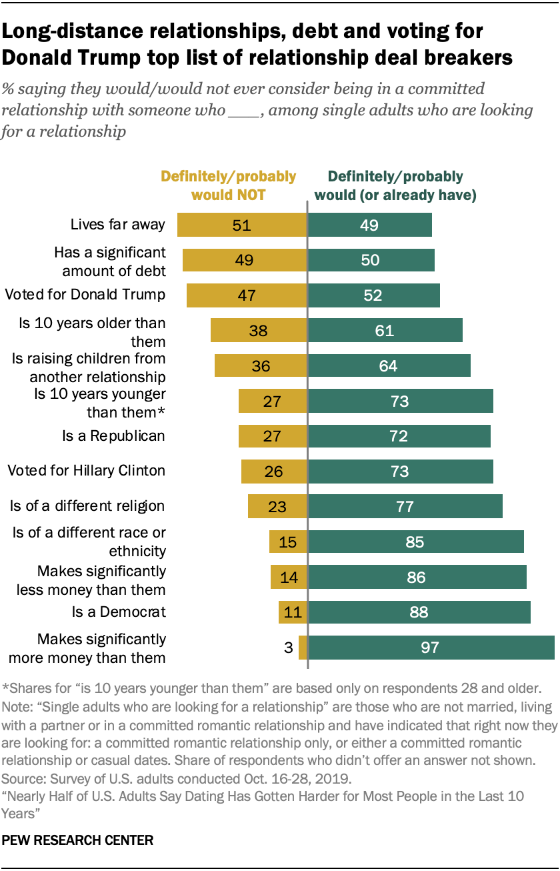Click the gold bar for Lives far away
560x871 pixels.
point(241,225)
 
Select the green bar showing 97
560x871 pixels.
point(431,648)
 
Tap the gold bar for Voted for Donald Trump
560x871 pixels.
point(246,295)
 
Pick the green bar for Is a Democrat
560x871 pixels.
point(419,612)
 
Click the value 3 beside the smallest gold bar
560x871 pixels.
point(289,648)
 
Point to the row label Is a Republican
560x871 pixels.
point(113,436)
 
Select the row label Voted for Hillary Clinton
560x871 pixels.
point(86,471)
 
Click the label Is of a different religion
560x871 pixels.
point(87,506)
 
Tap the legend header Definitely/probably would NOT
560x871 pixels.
point(229,186)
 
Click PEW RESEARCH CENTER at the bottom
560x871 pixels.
point(78,841)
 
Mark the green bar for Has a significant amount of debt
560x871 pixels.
point(371,260)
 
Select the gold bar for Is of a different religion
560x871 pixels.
point(277,506)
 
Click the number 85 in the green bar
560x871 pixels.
point(415,542)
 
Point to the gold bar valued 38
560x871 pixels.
point(258,330)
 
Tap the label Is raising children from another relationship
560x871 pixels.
point(89,367)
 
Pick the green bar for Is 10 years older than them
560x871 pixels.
point(385,330)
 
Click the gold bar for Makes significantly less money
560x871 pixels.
point(288,577)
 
